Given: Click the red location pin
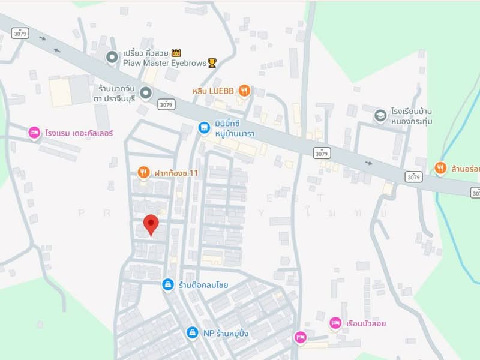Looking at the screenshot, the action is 151,224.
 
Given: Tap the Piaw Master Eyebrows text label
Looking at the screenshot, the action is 164,62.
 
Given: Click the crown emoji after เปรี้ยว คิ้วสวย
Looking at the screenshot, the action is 176,53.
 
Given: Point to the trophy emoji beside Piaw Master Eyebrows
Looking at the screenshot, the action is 212,62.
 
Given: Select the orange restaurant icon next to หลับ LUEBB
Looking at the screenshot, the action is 244,91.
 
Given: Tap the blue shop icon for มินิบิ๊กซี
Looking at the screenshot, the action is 205,127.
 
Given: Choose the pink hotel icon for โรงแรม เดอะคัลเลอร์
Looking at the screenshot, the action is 34,132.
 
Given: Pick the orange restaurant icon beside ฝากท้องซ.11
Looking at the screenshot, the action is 143,173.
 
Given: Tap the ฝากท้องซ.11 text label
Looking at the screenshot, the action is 176,173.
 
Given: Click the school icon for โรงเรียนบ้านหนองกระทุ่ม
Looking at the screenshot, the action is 380,115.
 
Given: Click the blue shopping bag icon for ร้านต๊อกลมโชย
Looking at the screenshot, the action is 168,284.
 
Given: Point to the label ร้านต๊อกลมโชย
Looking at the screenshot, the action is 203,284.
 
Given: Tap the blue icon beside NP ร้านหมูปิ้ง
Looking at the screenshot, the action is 191,332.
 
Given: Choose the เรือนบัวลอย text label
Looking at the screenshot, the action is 366,323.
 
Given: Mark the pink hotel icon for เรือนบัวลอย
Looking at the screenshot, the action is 335,323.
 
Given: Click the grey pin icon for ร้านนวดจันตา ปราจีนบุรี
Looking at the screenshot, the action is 146,92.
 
